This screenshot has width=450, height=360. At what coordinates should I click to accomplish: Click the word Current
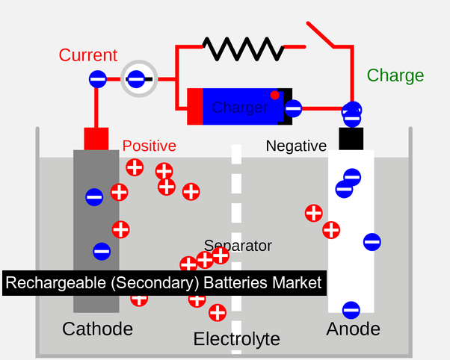pyautogui.click(x=88, y=55)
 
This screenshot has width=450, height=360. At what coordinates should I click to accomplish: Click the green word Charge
pyautogui.click(x=395, y=75)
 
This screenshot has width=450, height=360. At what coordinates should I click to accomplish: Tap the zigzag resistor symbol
pyautogui.click(x=242, y=49)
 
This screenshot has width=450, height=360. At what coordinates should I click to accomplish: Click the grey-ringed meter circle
pyautogui.click(x=139, y=78)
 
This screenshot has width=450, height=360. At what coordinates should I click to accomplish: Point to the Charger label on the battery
pyautogui.click(x=239, y=108)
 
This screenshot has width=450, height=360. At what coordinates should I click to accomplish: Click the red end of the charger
pyautogui.click(x=195, y=107)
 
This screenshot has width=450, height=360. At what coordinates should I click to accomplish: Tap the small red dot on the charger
pyautogui.click(x=275, y=95)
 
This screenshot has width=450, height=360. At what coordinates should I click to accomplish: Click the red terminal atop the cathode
pyautogui.click(x=96, y=139)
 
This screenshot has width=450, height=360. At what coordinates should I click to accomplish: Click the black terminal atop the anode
pyautogui.click(x=351, y=139)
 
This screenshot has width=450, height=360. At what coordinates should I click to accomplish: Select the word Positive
pyautogui.click(x=150, y=146)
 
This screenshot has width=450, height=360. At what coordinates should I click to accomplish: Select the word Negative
pyautogui.click(x=296, y=146)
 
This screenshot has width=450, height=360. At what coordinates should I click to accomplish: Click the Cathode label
pyautogui.click(x=97, y=329)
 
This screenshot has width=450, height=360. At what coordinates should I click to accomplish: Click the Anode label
pyautogui.click(x=353, y=329)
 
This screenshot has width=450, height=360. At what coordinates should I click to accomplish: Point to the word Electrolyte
pyautogui.click(x=236, y=339)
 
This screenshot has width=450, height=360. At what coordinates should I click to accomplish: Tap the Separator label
pyautogui.click(x=238, y=246)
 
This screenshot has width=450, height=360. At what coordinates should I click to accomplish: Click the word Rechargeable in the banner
pyautogui.click(x=49, y=283)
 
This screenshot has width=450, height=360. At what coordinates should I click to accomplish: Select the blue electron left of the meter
pyautogui.click(x=97, y=78)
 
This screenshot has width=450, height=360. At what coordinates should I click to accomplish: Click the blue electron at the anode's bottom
pyautogui.click(x=351, y=309)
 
